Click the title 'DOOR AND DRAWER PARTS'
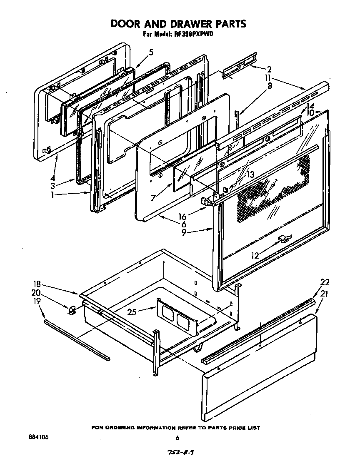click(178, 24)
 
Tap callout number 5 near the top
click(151, 52)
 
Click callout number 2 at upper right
click(270, 69)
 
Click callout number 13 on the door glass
click(250, 175)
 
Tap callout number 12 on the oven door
click(254, 255)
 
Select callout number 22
click(325, 282)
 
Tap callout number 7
click(154, 197)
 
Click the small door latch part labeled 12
click(284, 238)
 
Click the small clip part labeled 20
click(71, 309)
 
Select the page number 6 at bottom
click(177, 438)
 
